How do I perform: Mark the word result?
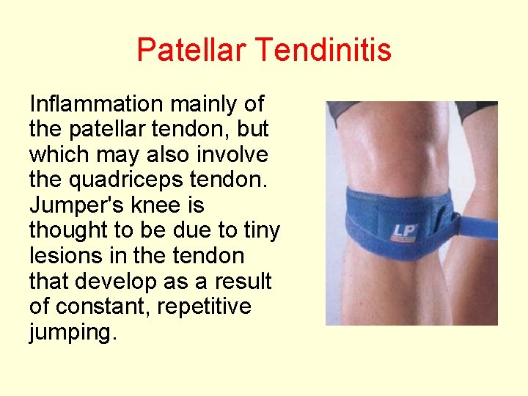(241, 282)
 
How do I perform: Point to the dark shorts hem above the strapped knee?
(345, 110)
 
